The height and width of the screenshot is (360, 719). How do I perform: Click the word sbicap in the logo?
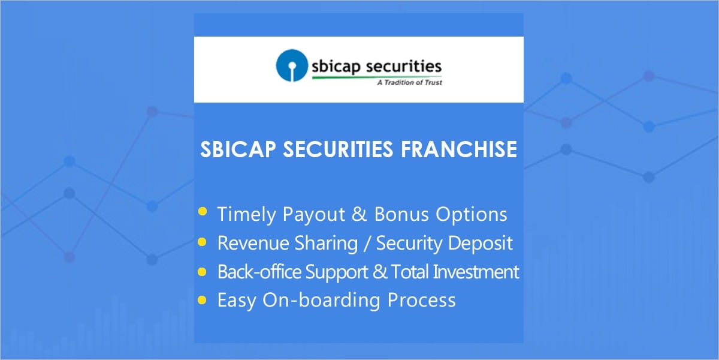point(337,67)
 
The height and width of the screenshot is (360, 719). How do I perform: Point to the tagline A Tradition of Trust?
point(409,83)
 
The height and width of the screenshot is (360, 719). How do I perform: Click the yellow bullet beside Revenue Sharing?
point(203,242)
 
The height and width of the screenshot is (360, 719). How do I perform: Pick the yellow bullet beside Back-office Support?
point(203,271)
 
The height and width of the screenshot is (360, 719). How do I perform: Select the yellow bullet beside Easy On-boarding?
point(203,299)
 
